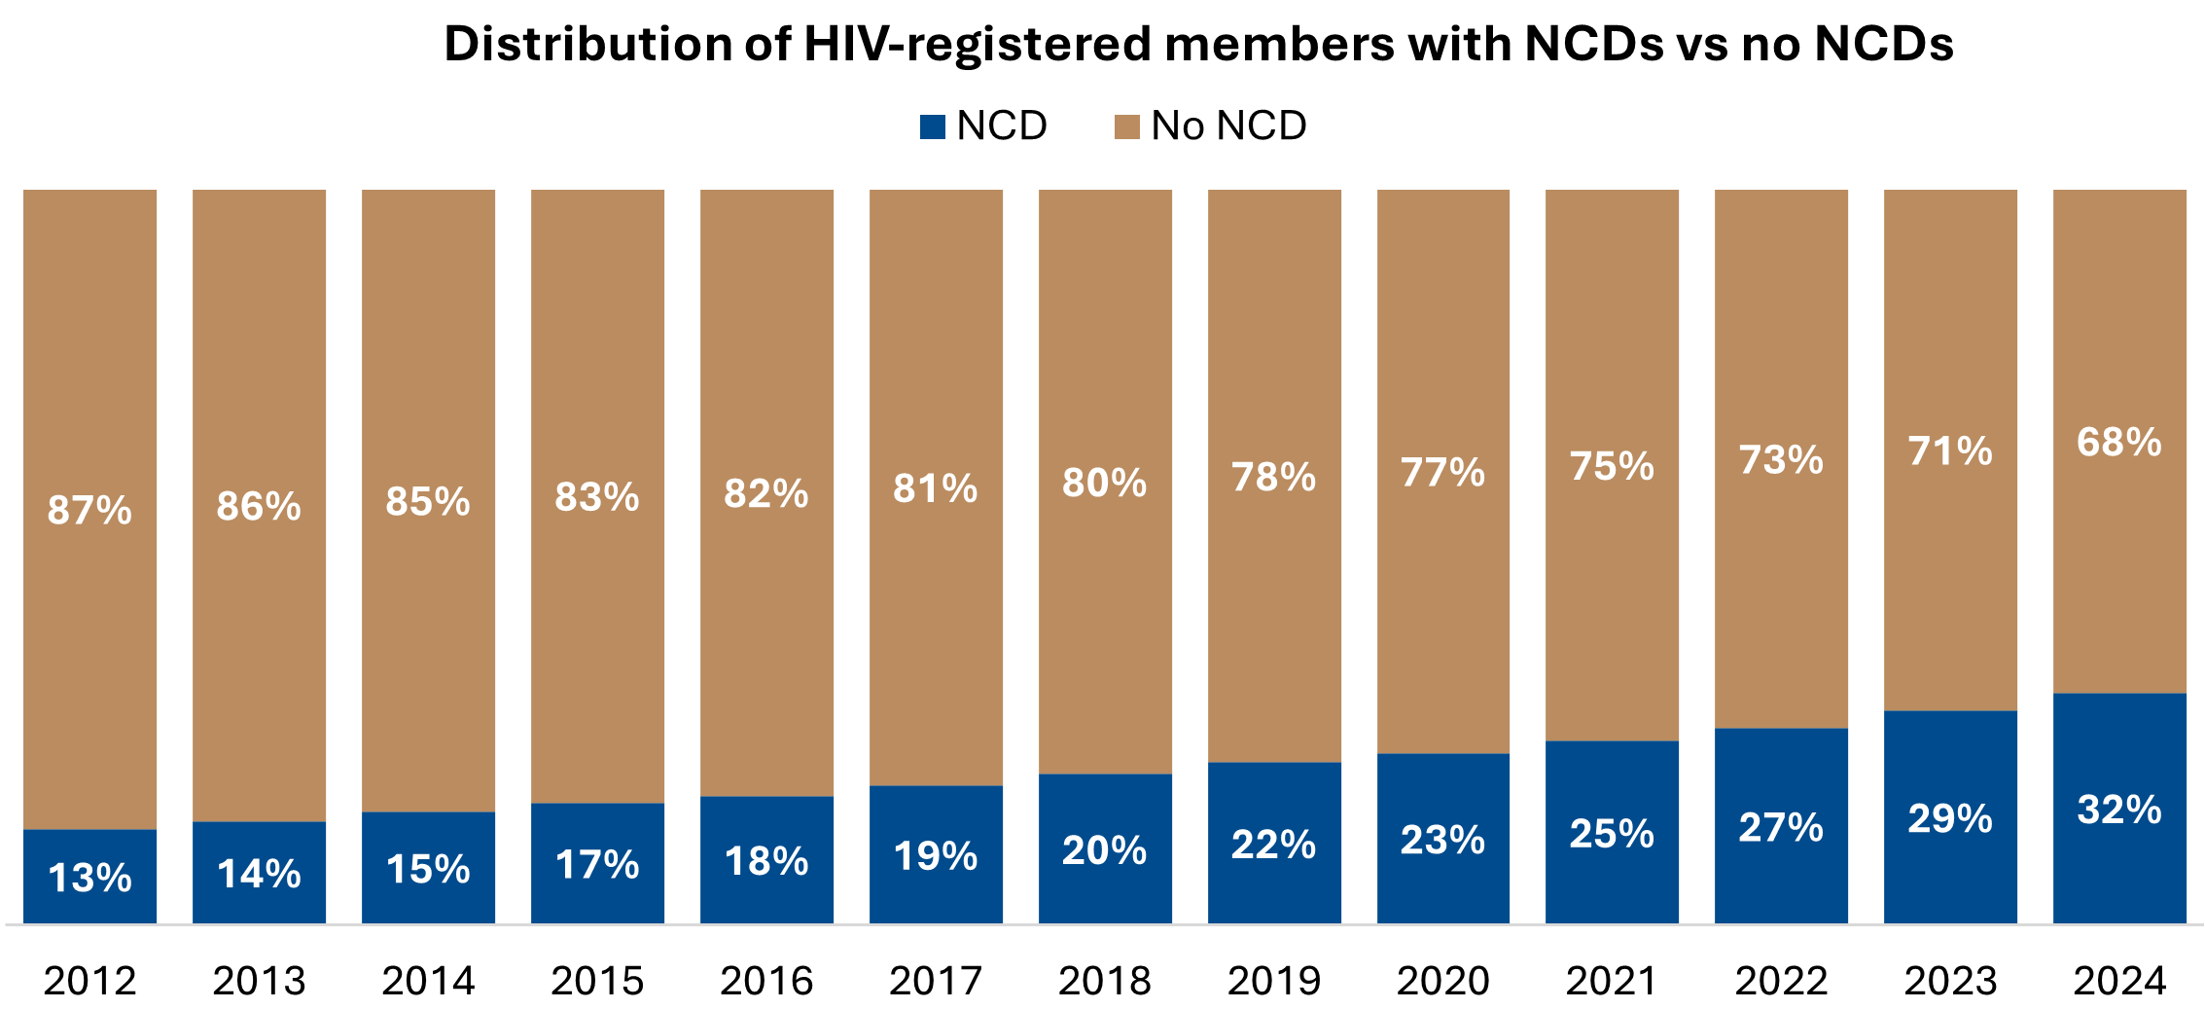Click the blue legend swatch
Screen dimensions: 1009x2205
932,127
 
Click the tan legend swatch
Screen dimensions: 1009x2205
1126,127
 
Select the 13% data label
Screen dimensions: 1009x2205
90,878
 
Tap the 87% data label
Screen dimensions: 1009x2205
90,510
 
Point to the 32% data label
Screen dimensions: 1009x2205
2119,810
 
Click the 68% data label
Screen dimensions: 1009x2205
2119,443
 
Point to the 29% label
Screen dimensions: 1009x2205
1950,818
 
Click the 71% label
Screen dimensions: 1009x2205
1950,451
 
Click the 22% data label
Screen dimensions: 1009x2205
1274,845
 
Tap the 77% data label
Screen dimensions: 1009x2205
1443,473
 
